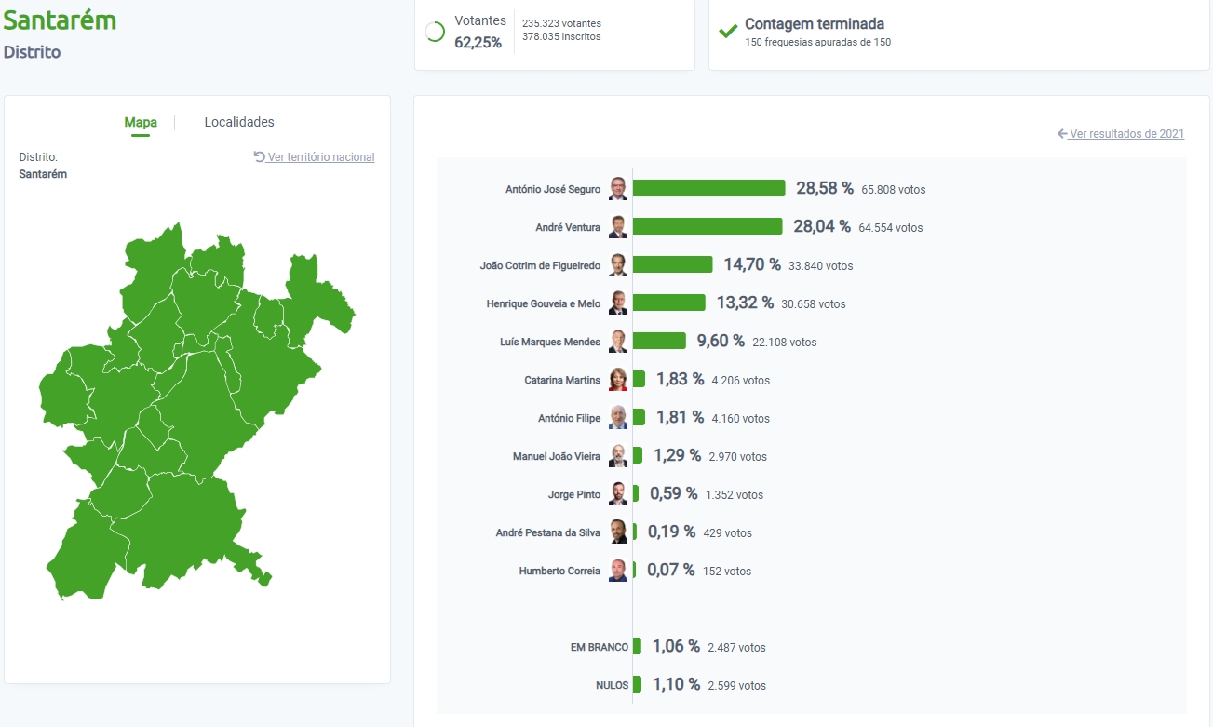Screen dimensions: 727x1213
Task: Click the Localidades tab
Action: (x=239, y=122)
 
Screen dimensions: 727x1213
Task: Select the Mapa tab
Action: (x=141, y=122)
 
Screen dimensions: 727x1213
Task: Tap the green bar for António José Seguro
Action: (x=709, y=188)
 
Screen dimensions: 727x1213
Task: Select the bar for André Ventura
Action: (x=708, y=226)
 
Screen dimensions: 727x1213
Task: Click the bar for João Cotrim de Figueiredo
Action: (x=673, y=264)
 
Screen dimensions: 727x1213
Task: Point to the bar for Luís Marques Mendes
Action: (x=659, y=341)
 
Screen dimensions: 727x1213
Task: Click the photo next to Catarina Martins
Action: (x=618, y=380)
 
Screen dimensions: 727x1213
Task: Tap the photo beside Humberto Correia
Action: (x=618, y=571)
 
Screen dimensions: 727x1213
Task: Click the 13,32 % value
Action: (x=745, y=303)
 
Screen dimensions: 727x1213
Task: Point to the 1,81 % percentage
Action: (x=680, y=418)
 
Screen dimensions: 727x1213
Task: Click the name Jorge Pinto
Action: (x=574, y=495)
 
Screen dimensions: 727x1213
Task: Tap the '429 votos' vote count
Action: (x=728, y=533)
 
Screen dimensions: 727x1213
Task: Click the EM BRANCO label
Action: (x=600, y=647)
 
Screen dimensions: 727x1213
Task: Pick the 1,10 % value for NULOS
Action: (x=676, y=685)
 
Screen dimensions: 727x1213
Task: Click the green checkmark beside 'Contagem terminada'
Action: (x=728, y=31)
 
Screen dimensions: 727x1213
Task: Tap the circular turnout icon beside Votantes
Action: (x=435, y=32)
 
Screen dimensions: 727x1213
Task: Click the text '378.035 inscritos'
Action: (x=561, y=37)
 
